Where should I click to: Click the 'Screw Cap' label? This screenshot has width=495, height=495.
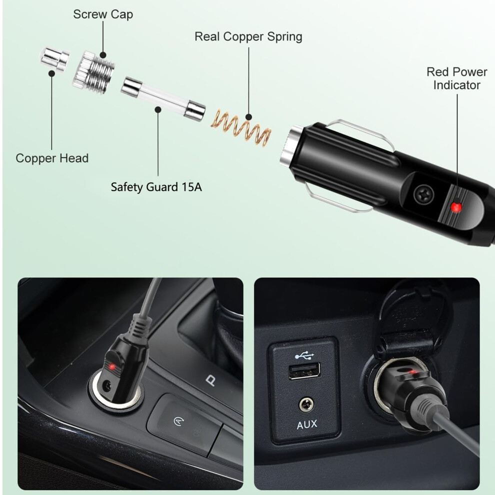pos(103,14)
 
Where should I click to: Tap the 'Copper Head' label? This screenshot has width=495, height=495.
pos(52,158)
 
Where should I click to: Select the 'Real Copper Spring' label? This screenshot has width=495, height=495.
pos(248,36)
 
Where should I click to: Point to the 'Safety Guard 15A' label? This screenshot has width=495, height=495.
pos(156,187)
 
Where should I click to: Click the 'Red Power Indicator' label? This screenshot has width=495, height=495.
pos(456,78)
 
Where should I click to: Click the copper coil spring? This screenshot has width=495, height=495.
pos(241,127)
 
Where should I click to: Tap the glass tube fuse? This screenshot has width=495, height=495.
pos(163,98)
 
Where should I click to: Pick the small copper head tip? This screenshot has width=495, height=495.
pos(54,58)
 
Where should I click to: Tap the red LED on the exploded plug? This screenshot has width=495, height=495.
pos(456,207)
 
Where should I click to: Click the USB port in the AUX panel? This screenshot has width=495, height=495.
pos(304,371)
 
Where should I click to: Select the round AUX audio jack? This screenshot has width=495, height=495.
pos(306,405)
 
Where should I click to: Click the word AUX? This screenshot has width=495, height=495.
pos(307,424)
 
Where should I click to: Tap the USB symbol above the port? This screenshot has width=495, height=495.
pos(304,356)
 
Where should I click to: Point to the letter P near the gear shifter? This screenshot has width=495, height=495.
pos(210,380)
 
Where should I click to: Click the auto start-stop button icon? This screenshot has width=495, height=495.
pos(178,421)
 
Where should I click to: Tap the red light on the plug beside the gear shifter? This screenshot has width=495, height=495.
pos(112,367)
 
